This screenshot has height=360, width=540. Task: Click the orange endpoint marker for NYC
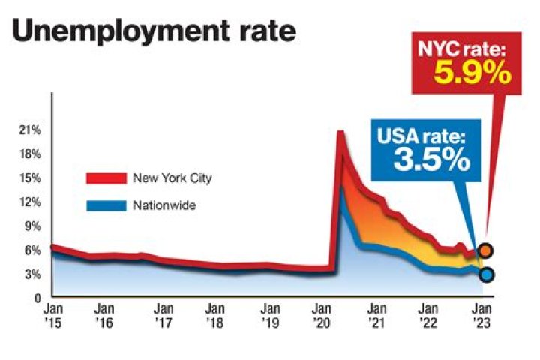pyautogui.click(x=486, y=250)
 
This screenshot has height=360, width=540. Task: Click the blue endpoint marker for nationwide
pyautogui.click(x=487, y=274)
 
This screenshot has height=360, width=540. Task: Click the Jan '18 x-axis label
pyautogui.click(x=215, y=314)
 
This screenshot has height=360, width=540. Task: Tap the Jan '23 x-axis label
pyautogui.click(x=481, y=314)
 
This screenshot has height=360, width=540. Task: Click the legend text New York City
pyautogui.click(x=172, y=178)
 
